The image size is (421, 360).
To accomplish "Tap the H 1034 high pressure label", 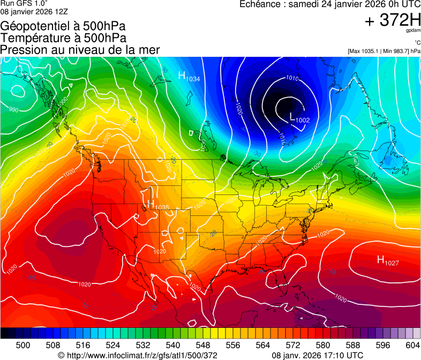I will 189,77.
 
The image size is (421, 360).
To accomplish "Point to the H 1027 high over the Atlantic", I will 389,260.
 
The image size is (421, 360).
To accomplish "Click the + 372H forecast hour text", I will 393,21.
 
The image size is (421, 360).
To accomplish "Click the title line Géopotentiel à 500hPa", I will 63,26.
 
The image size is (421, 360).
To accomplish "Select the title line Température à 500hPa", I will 63,38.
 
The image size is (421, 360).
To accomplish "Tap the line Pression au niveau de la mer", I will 80,50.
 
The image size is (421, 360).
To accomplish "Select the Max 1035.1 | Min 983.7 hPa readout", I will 384,51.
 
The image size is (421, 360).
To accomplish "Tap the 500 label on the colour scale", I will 23,344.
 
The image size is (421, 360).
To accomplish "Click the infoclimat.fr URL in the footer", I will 138,355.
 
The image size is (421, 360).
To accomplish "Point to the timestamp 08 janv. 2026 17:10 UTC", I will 318,355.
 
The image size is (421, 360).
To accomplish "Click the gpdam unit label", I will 412,31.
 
